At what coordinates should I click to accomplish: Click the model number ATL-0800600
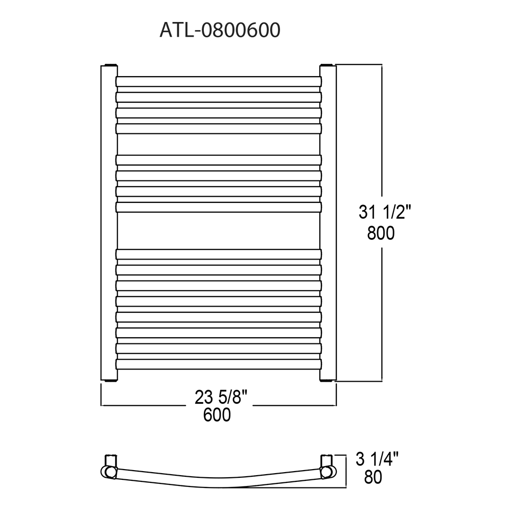220,30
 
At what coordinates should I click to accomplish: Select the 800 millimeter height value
381,234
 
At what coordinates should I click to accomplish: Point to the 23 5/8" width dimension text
221,397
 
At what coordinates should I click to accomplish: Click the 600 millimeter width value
217,415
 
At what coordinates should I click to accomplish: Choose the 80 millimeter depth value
373,477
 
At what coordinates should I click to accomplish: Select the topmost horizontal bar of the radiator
219,81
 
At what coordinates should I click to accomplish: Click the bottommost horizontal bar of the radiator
219,364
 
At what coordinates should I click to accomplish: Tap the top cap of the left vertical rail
108,65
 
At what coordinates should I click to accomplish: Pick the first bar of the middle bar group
219,159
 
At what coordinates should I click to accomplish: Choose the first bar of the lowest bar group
219,253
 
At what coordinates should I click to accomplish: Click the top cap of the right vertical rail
328,65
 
